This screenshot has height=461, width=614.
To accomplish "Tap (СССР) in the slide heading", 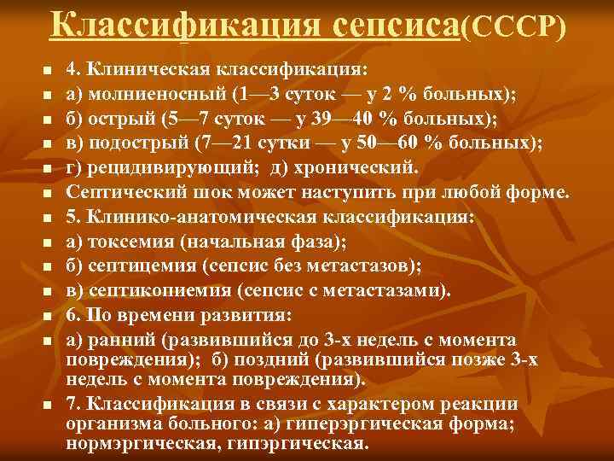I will click(513, 26).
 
